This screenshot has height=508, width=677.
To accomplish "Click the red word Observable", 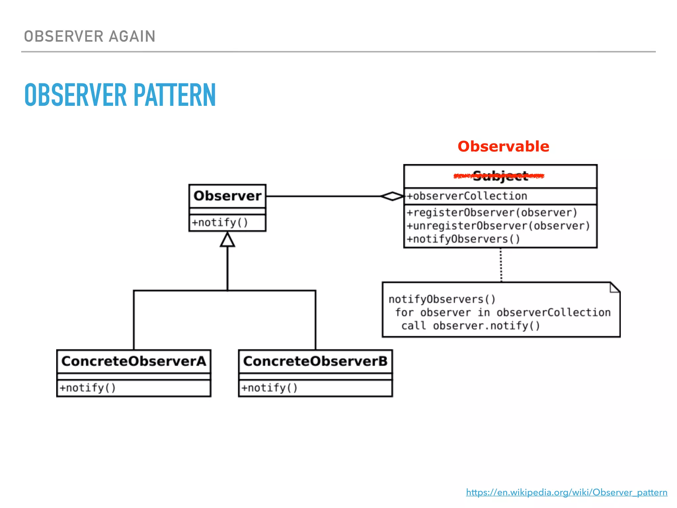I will [503, 147].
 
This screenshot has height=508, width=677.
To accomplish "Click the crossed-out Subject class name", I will [500, 176].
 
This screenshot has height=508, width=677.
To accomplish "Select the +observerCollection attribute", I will [467, 196].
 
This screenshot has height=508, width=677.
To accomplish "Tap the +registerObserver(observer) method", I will [492, 212].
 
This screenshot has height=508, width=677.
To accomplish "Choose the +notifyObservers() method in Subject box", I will [463, 239].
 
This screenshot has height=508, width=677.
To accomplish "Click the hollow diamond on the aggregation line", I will [392, 196].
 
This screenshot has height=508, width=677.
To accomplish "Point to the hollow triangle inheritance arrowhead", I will [227, 240].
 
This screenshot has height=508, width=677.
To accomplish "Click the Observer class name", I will [227, 196].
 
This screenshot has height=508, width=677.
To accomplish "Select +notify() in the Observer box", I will [220, 223].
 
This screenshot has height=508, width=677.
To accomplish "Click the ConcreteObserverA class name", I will [134, 361].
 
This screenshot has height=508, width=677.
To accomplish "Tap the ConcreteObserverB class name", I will [315, 361].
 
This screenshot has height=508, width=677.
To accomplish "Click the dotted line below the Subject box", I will [501, 265].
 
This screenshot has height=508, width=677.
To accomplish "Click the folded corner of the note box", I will [615, 287].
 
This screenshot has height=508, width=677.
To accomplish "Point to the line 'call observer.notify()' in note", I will [471, 326].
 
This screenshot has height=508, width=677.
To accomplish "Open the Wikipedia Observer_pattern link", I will [567, 492].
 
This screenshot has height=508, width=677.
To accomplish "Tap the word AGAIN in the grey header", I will [132, 36].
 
